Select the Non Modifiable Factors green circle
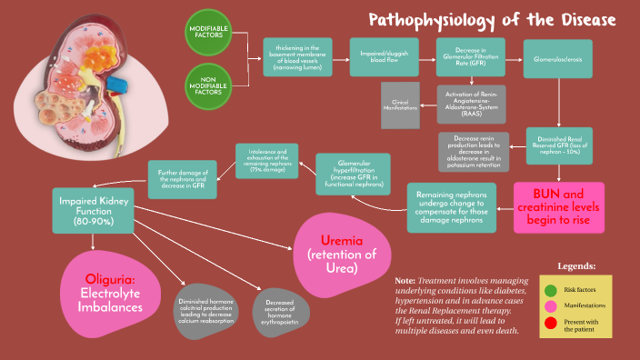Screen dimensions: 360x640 click(209, 86)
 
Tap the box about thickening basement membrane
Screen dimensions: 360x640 click(297, 57)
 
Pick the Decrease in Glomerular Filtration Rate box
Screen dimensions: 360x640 click(470, 57)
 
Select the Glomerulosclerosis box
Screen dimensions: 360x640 click(557, 57)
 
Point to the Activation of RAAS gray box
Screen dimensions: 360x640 click(470, 106)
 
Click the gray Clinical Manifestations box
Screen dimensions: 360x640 click(400, 105)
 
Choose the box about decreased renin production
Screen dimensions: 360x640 click(474, 152)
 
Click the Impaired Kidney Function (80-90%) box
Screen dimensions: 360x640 click(95, 208)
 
